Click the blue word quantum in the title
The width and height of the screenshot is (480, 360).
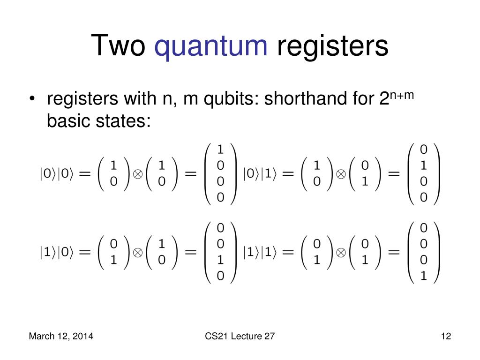pos(211,46)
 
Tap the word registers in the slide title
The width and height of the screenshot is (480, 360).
pos(332,46)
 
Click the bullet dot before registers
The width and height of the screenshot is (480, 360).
pos(32,99)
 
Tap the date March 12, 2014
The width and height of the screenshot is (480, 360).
pos(61,336)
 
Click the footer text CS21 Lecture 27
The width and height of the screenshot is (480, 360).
pos(240,336)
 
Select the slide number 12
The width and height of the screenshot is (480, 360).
pos(445,336)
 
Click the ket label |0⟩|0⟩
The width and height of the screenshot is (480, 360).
pos(56,174)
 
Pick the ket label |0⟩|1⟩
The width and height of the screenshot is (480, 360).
pos(260,174)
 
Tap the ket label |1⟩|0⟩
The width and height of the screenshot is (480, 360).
pos(56,252)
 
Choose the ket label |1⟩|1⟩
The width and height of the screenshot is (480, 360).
pos(260,252)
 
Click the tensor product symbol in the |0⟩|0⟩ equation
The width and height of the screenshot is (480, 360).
pos(138,174)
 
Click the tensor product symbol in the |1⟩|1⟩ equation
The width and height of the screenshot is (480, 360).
pos(341,252)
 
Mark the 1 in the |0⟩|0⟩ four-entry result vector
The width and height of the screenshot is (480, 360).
pos(220,150)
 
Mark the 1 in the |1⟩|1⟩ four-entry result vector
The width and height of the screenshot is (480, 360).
pos(424,276)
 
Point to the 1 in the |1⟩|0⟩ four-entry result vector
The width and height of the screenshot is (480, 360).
pos(220,260)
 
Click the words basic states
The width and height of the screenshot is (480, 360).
pos(98,121)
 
